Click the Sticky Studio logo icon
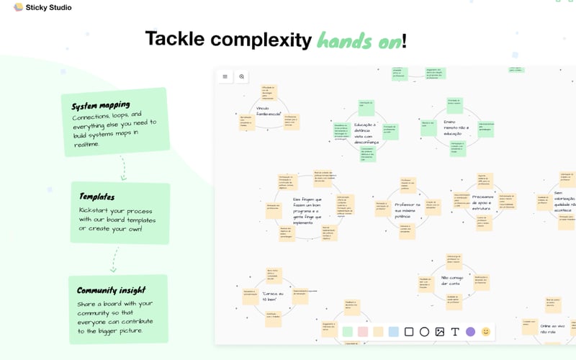(18, 7)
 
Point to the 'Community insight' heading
(112, 291)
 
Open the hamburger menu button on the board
(225, 76)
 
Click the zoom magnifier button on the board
(242, 76)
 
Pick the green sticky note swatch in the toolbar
(348, 332)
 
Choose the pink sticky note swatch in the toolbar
(363, 332)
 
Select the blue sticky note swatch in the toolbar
(393, 332)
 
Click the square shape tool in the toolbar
(409, 332)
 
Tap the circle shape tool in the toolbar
(424, 332)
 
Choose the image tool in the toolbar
(439, 332)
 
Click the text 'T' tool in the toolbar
(454, 332)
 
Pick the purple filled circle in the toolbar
(470, 332)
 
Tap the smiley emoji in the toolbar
(486, 332)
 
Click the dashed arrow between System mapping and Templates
(123, 168)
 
